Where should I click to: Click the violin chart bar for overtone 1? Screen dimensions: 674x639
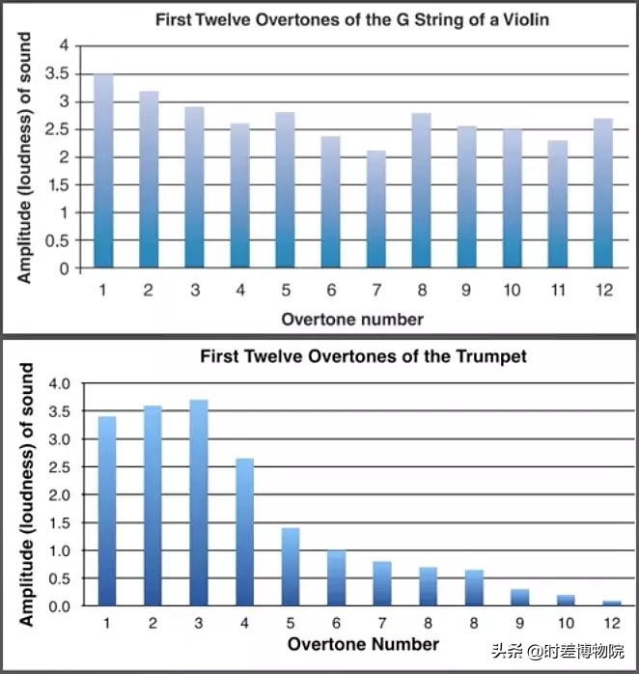pos(103,171)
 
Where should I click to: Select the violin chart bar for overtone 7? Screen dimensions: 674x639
pos(376,210)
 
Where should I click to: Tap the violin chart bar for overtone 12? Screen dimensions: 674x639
pos(602,193)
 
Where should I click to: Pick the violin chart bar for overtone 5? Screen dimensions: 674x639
pos(285,190)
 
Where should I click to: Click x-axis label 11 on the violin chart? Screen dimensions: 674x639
pos(557,289)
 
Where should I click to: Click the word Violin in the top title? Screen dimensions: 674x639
pos(527,19)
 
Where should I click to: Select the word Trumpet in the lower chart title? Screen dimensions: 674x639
pos(492,356)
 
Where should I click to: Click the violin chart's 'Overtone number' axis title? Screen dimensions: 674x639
pos(352,319)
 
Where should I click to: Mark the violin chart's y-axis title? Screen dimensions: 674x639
pos(25,157)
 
